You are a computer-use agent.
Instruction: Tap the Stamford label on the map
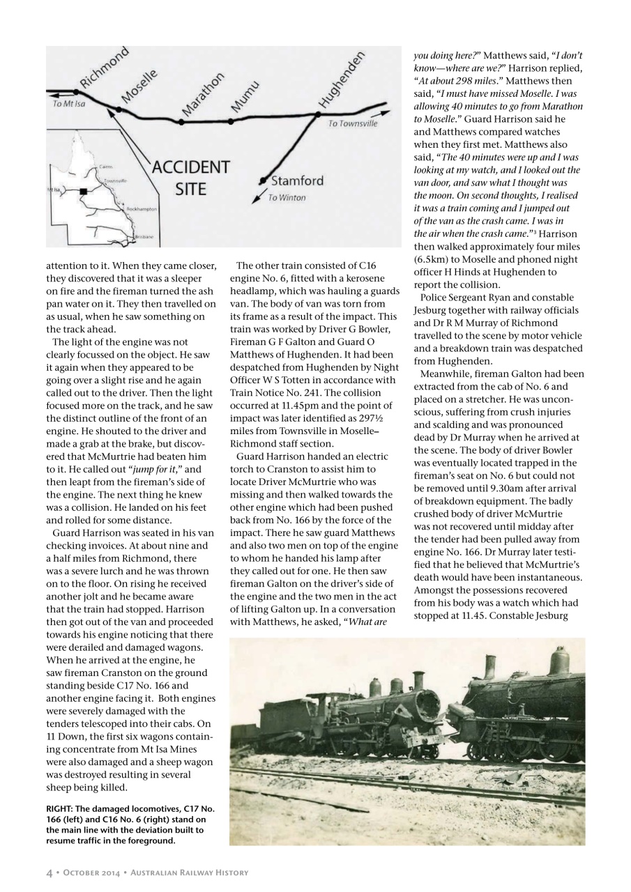[297, 181]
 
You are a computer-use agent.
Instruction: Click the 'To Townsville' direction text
[353, 123]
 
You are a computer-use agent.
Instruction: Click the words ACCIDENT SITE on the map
[190, 178]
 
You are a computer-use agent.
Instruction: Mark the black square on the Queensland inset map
[83, 190]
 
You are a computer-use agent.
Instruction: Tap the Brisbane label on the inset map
[144, 238]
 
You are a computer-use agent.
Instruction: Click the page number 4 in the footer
[50, 872]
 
